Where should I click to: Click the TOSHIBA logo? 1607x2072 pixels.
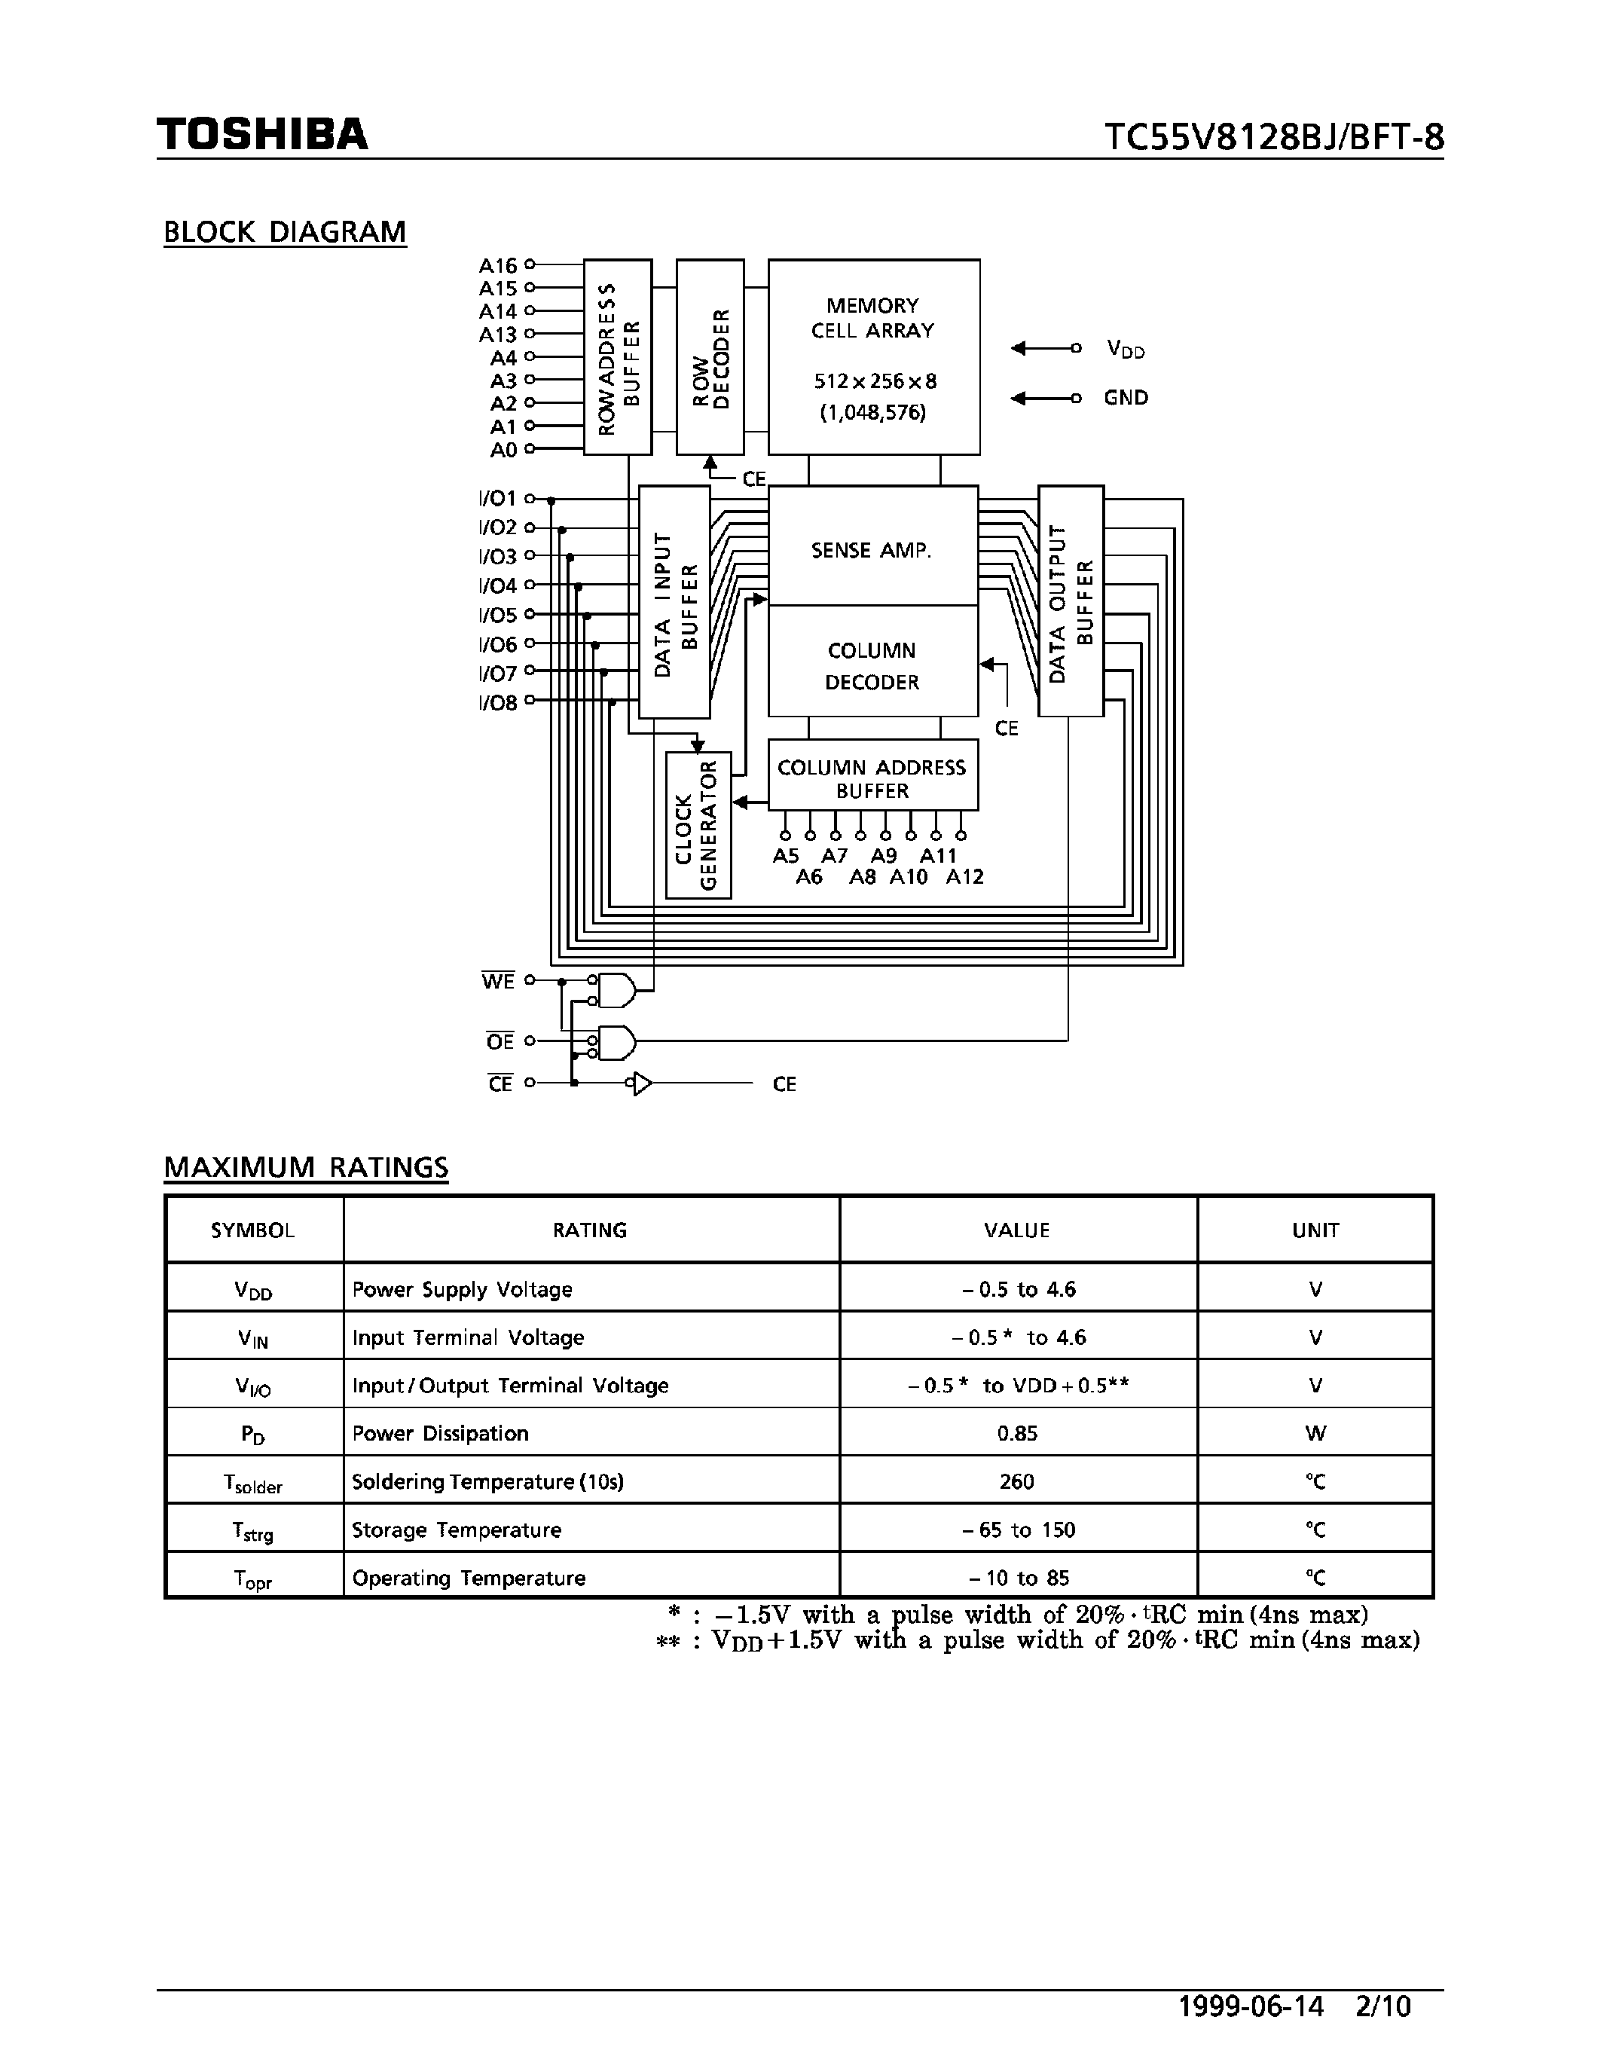pyautogui.click(x=262, y=135)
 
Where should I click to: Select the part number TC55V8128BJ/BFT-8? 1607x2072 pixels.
pyautogui.click(x=1273, y=139)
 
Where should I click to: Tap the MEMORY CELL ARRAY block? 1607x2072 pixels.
pyautogui.click(x=872, y=356)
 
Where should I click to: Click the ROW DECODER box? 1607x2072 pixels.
pyautogui.click(x=710, y=356)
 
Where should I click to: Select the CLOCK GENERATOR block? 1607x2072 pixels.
pyautogui.click(x=698, y=824)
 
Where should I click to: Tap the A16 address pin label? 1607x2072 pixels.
pyautogui.click(x=498, y=266)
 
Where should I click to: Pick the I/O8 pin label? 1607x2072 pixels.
pyautogui.click(x=498, y=703)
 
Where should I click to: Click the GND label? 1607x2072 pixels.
pyautogui.click(x=1126, y=399)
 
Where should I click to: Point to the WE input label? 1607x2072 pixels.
pyautogui.click(x=498, y=981)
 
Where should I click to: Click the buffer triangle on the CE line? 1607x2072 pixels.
pyautogui.click(x=642, y=1083)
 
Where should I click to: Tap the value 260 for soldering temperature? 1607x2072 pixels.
pyautogui.click(x=1017, y=1482)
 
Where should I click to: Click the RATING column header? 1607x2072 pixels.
pyautogui.click(x=590, y=1230)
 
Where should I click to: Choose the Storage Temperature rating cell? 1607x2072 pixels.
pyautogui.click(x=457, y=1530)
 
